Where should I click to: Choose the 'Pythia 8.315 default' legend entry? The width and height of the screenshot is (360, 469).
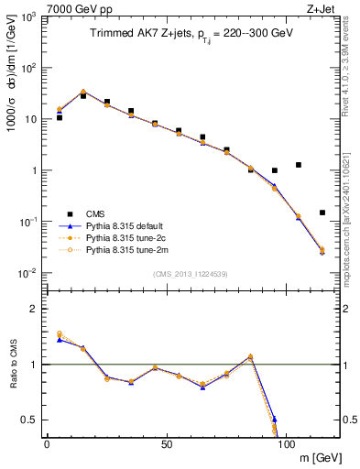coord(128,224)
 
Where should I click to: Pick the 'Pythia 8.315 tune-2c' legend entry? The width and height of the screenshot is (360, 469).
coord(127,236)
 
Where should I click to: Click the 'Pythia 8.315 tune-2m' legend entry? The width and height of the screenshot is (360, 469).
coord(128,248)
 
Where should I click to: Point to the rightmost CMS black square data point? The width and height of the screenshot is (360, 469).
coord(322,213)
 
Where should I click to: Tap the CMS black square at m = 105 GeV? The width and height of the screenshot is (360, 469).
coord(299,165)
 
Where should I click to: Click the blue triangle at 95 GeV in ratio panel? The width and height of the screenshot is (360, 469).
coord(275,419)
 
